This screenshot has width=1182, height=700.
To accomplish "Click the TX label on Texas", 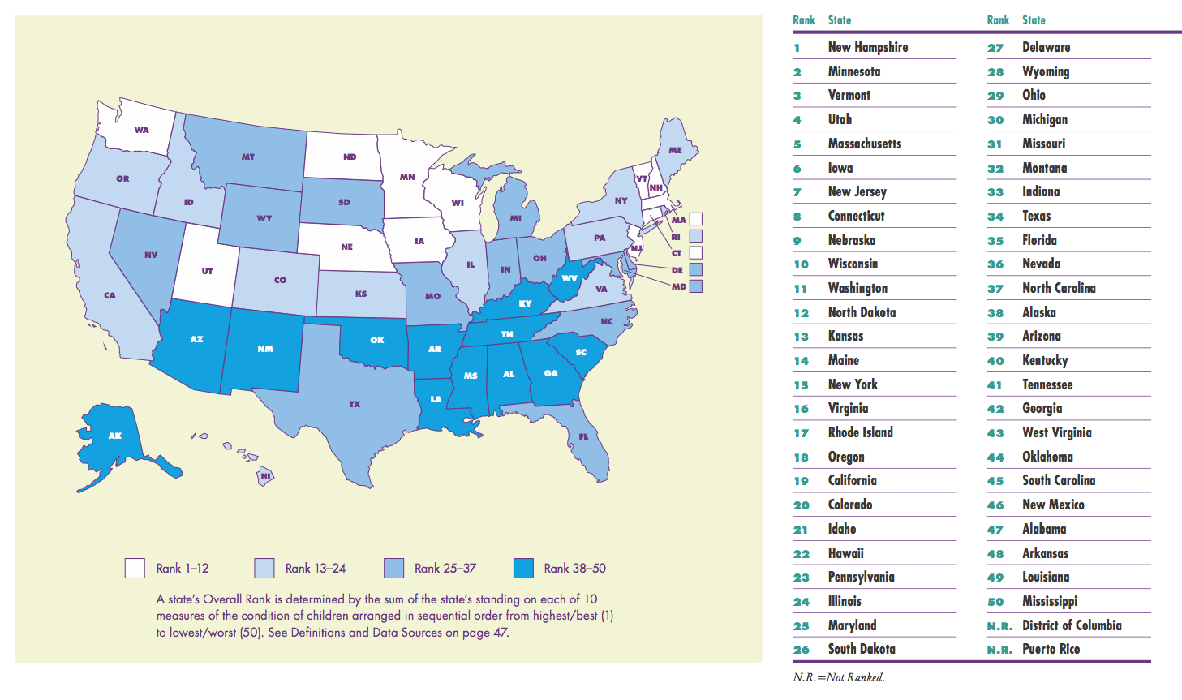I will click(355, 404).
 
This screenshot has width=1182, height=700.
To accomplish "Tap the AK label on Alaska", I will click(115, 436).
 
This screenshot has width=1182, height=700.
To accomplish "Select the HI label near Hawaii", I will click(265, 476).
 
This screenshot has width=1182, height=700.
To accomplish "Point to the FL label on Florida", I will click(583, 436).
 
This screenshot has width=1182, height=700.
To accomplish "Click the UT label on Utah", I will click(207, 271).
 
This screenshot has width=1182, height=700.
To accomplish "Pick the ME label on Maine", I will click(675, 150).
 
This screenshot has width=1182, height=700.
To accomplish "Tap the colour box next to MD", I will click(695, 286).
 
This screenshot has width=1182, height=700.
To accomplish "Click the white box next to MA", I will click(695, 219).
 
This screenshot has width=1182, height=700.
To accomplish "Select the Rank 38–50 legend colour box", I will click(523, 568).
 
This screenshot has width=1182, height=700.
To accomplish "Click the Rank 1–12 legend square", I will click(135, 568).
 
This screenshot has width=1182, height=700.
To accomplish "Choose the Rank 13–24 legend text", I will click(316, 569).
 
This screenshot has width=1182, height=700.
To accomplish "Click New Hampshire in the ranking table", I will click(867, 47).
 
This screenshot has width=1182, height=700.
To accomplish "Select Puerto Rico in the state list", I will click(1051, 649).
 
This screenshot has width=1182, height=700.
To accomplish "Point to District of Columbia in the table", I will click(1072, 625).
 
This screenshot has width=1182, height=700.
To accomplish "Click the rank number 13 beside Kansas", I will click(801, 337).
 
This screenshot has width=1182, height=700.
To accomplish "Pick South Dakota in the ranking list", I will click(862, 649).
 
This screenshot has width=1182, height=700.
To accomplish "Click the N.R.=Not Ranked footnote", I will click(838, 677).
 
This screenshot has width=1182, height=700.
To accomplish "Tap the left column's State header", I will click(840, 20).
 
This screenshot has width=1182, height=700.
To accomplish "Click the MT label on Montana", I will click(248, 157).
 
